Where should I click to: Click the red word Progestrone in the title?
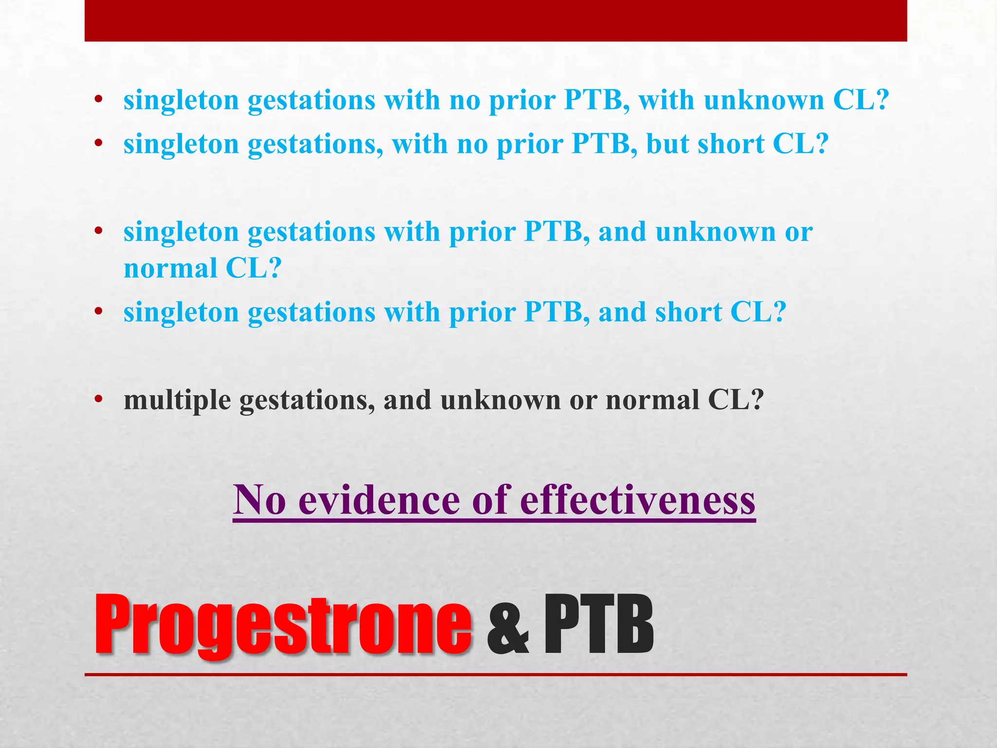282,625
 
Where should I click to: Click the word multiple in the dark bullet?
177,400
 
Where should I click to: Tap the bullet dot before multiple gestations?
99,400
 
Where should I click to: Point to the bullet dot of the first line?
99,100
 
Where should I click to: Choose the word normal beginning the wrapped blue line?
170,269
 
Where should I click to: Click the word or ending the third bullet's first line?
798,232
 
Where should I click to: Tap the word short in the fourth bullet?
688,312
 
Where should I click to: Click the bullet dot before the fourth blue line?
99,312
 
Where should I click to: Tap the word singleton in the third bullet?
181,232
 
